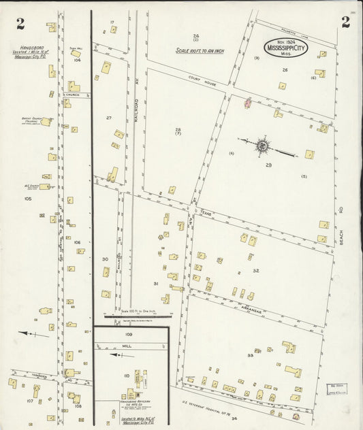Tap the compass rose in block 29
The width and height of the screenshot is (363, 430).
tap(263, 145)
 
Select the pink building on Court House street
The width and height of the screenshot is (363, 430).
tap(247, 103)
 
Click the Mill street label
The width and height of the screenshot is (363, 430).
tap(127, 346)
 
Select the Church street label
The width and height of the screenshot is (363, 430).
tap(73, 95)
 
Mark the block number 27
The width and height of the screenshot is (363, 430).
tap(108, 118)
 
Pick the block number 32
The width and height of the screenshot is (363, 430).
tap(255, 271)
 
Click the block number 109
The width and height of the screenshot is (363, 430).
tap(128, 335)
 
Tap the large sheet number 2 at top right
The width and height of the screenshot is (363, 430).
tap(345, 22)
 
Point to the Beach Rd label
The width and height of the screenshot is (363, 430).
tap(343, 235)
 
